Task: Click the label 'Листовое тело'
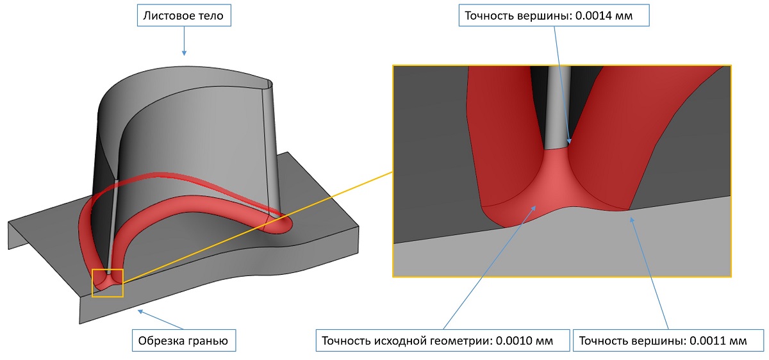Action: coord(183,16)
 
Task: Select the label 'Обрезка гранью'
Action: coord(183,340)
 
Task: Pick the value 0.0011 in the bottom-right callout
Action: coord(708,341)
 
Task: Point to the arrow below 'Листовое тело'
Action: coord(184,40)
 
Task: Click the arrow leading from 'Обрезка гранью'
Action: coord(161,320)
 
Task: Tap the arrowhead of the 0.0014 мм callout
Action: coord(569,141)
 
